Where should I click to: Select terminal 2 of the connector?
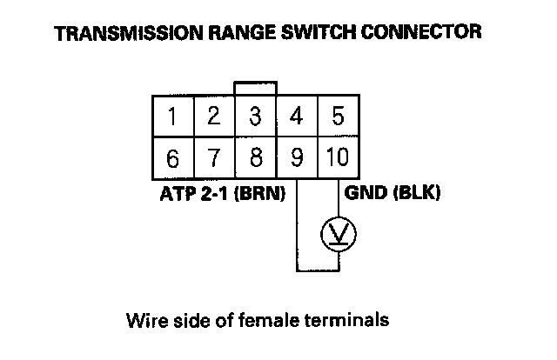pos(214,117)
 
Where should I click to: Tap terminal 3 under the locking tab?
pos(256,117)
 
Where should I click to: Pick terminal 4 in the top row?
pos(297,117)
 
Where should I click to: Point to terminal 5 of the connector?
pos(339,117)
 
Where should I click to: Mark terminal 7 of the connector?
pos(214,159)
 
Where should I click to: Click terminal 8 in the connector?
pos(256,159)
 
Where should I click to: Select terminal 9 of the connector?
pos(297,159)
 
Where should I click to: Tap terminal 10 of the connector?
pos(339,159)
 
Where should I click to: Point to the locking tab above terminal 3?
pos(256,88)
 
